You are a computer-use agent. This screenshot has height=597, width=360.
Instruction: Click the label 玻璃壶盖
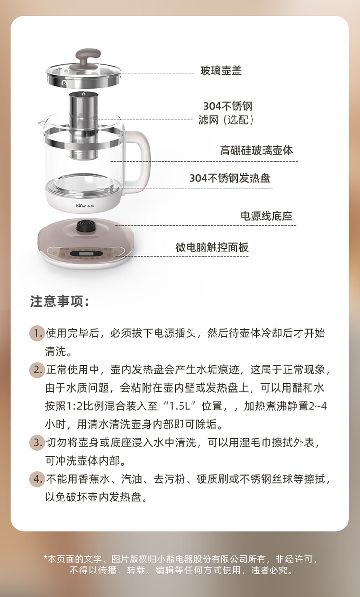(221, 71)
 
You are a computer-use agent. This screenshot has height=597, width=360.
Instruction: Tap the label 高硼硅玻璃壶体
(256, 150)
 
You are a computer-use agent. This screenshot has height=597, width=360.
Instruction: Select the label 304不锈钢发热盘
(230, 178)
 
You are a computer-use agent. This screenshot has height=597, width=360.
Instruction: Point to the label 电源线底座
(266, 216)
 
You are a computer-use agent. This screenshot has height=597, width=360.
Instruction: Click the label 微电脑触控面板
(212, 247)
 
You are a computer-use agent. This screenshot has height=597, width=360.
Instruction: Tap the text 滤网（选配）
(227, 119)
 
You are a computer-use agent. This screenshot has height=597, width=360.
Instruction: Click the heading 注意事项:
(60, 301)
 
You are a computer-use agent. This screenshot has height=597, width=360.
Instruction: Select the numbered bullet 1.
(36, 333)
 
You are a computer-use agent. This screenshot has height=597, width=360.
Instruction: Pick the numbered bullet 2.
(36, 370)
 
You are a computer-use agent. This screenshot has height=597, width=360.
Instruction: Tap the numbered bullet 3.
(36, 442)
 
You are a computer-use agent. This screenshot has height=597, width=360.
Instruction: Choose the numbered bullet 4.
(36, 479)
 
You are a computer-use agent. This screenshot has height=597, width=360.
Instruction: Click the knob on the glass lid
(88, 57)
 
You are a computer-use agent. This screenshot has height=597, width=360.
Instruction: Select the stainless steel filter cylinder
(83, 125)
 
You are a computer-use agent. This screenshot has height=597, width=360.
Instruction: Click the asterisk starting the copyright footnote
(45, 557)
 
